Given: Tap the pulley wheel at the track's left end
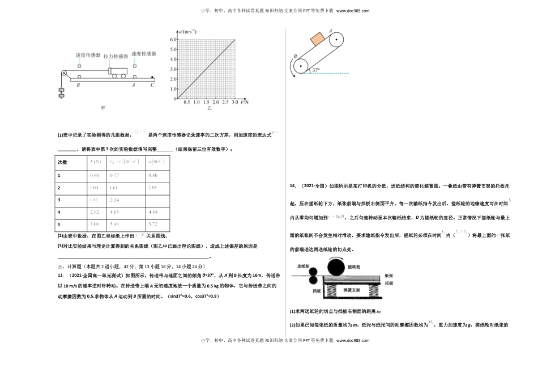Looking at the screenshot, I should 64,73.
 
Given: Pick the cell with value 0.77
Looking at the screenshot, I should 116,175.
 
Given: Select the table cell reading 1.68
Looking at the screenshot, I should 153,187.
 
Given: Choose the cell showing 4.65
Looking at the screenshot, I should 116,212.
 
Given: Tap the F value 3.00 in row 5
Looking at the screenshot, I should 95,225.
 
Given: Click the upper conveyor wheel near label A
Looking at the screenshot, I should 336,40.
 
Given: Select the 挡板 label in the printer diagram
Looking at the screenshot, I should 301,290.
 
